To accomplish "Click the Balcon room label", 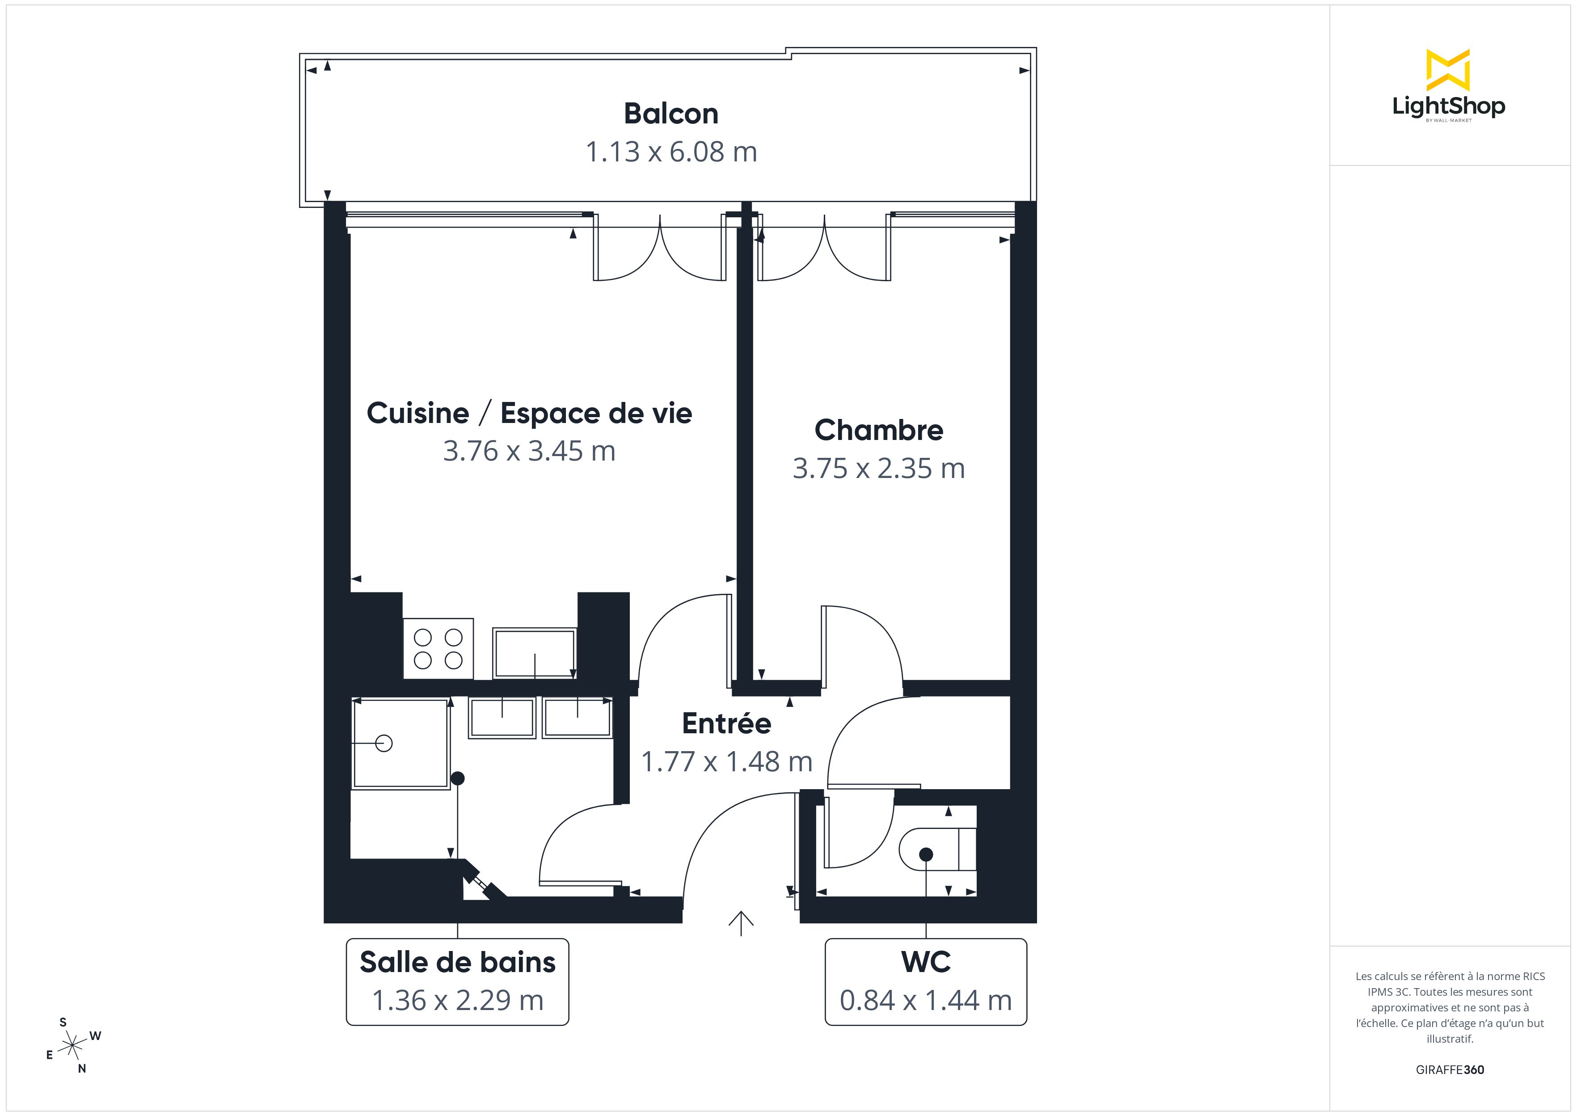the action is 671,114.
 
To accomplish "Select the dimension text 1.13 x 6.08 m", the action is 671,152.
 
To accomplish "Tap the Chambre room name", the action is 878,430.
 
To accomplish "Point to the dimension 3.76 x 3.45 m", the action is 529,451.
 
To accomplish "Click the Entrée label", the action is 727,723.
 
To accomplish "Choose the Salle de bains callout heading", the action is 457,962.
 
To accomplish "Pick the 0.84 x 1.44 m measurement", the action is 926,1001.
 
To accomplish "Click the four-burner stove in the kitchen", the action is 438,649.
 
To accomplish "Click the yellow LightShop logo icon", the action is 1448,70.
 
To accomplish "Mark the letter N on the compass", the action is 82,1069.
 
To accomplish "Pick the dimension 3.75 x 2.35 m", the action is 878,469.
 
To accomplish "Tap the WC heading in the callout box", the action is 926,962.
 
